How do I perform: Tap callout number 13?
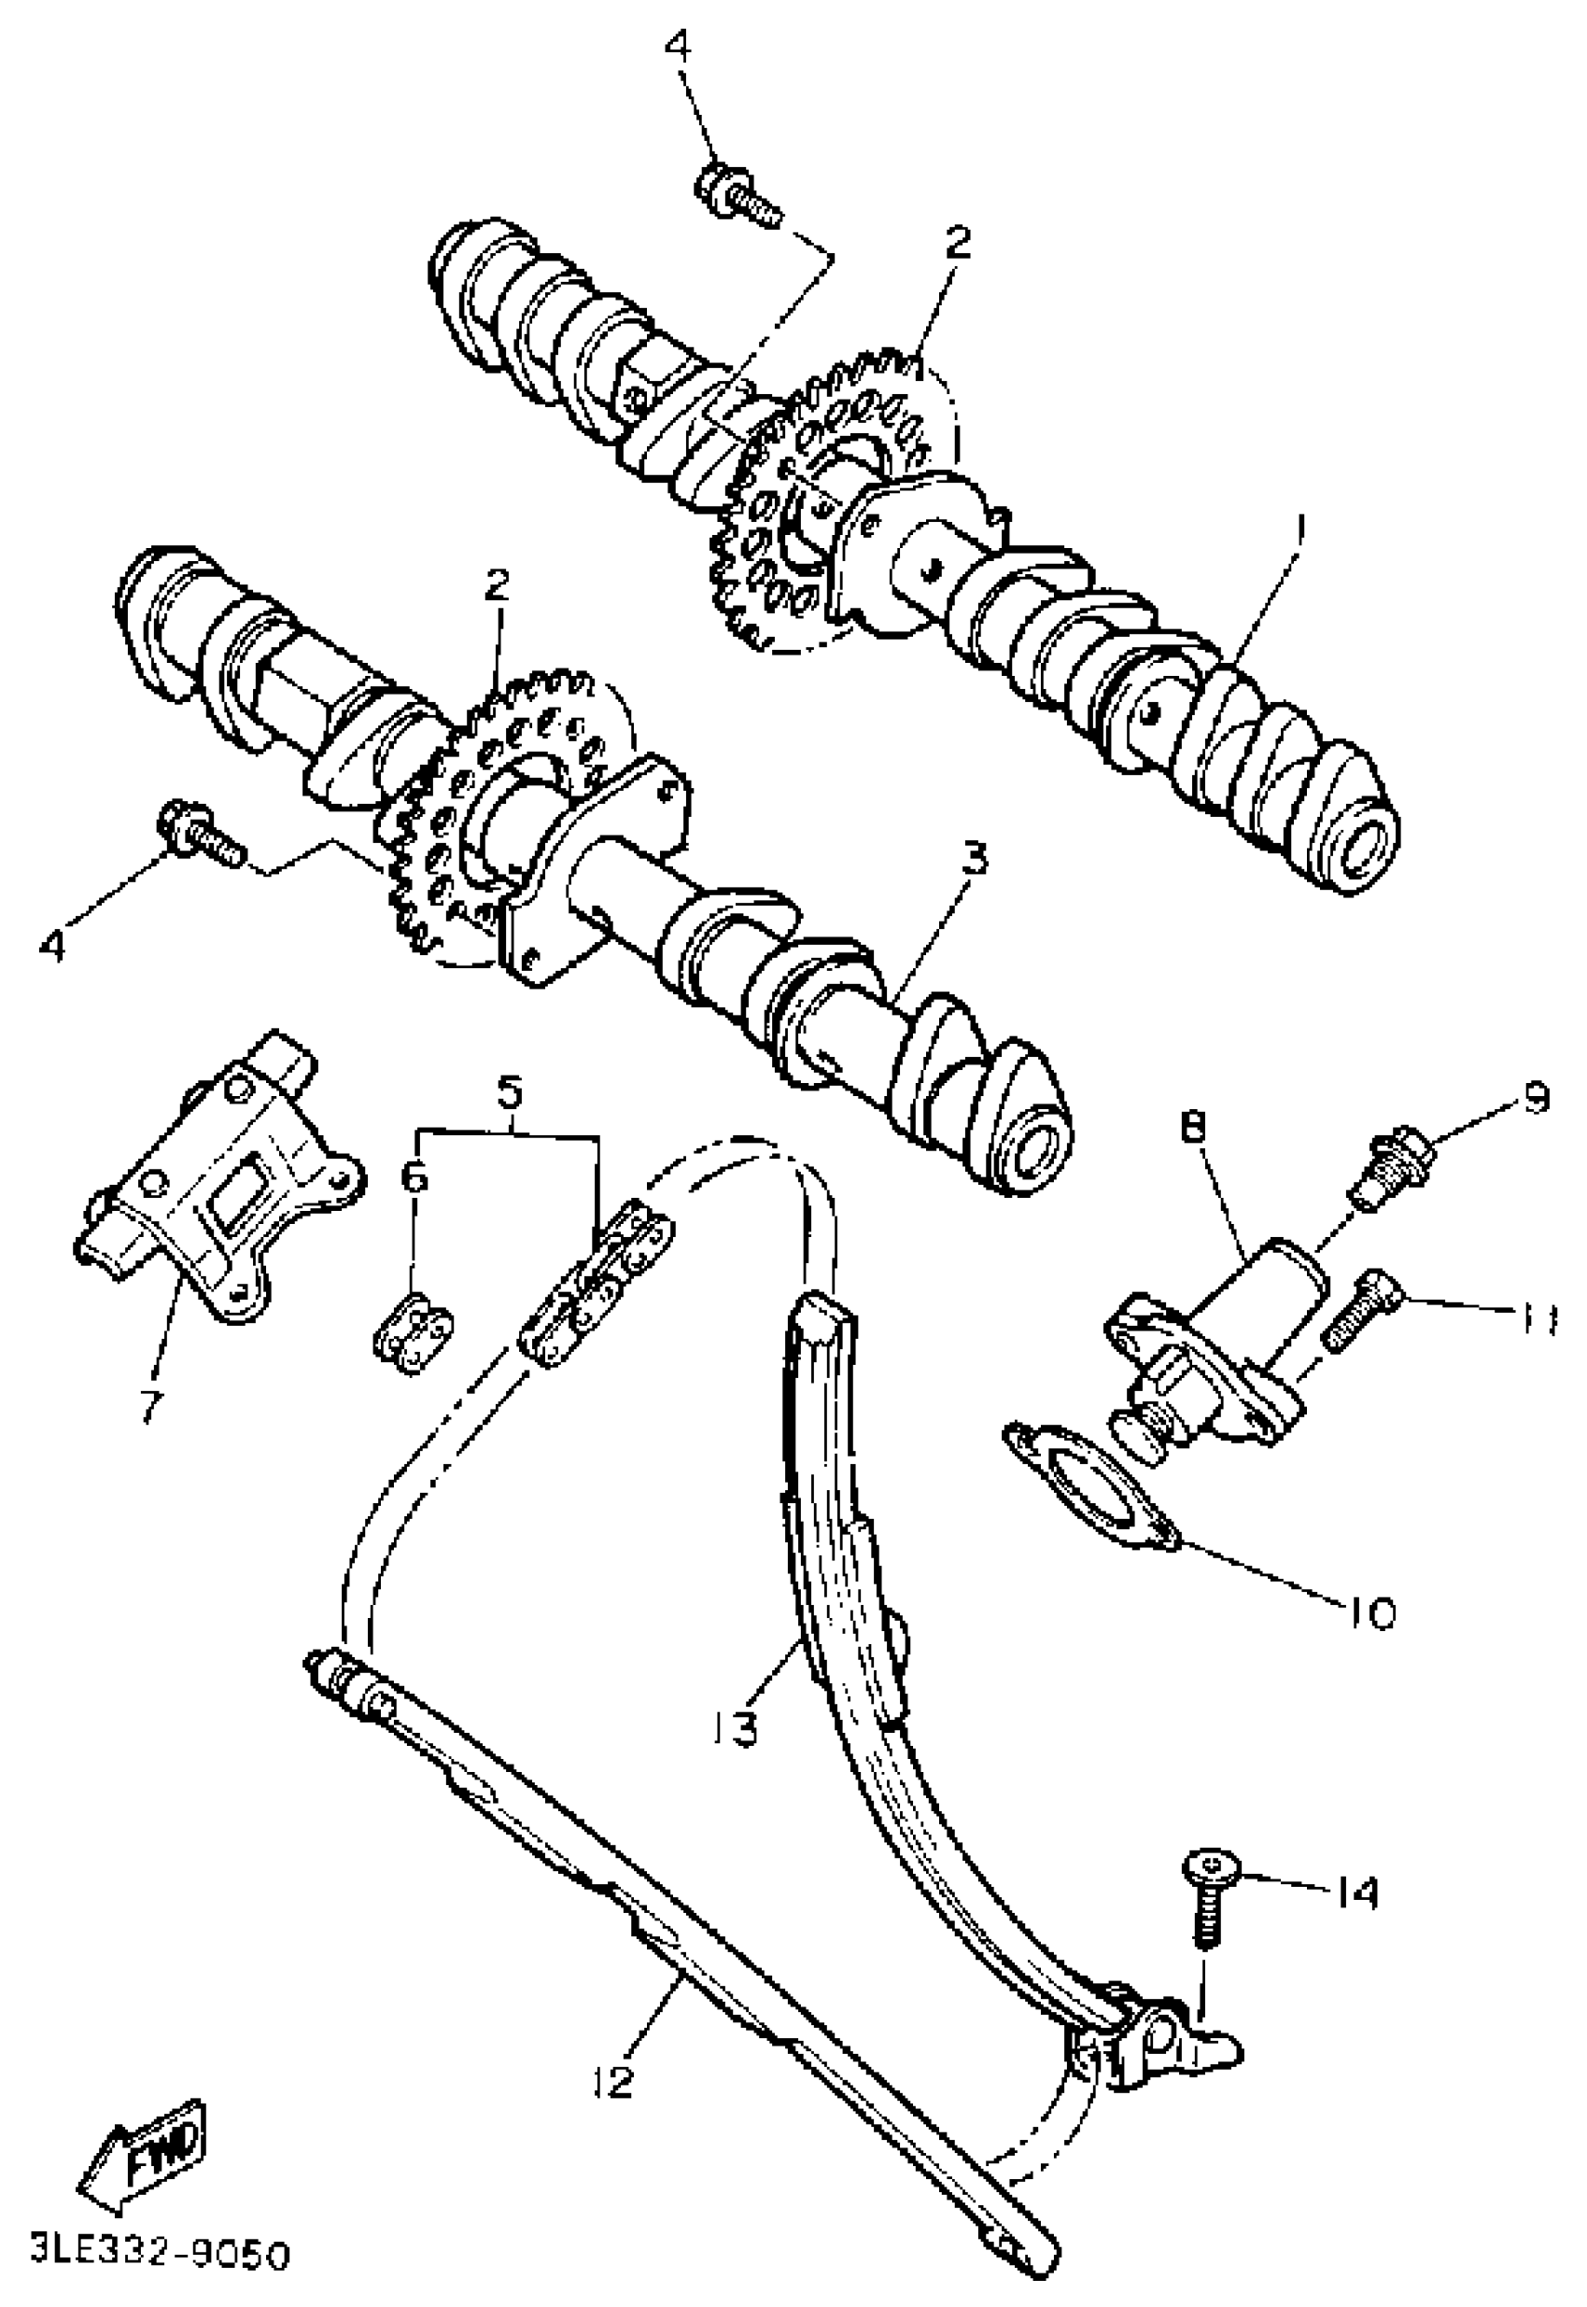pos(737,1727)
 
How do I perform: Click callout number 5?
pos(508,1093)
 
